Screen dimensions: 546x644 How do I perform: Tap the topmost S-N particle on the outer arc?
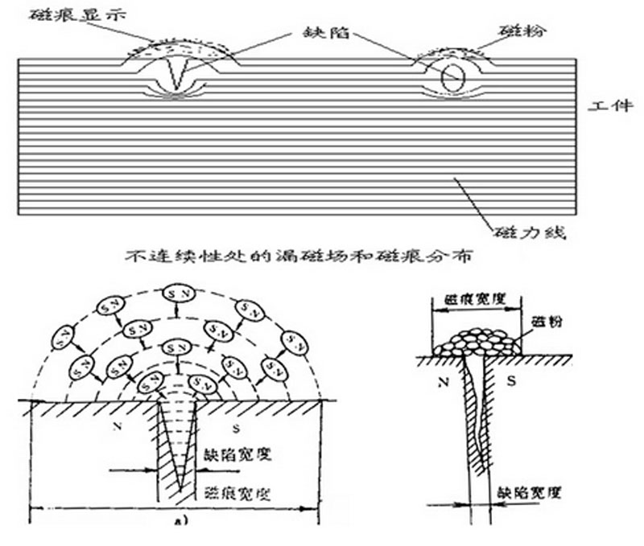tap(175, 294)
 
